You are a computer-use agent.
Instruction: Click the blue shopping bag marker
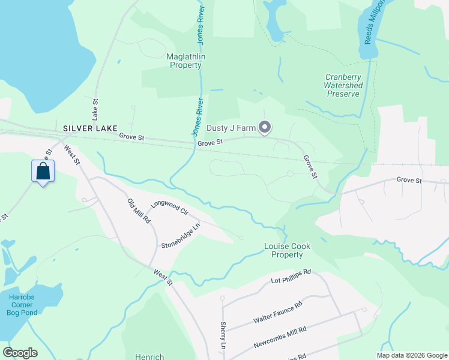[43, 171]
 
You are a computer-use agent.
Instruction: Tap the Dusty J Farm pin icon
[265, 127]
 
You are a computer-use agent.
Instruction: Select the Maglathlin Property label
[184, 61]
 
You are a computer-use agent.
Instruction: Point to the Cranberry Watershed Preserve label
[343, 85]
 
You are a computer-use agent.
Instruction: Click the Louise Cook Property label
[283, 250]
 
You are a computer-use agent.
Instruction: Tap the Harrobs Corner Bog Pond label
[23, 304]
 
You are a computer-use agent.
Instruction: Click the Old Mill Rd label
[139, 211]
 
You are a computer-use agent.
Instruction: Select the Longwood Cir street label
[169, 208]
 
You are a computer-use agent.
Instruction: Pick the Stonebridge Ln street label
[179, 237]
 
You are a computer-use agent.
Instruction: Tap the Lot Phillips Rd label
[291, 277]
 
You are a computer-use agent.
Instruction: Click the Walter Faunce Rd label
[277, 309]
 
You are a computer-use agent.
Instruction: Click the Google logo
[20, 353]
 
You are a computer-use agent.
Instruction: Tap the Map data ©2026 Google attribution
[411, 355]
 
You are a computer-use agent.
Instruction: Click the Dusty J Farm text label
[231, 128]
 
